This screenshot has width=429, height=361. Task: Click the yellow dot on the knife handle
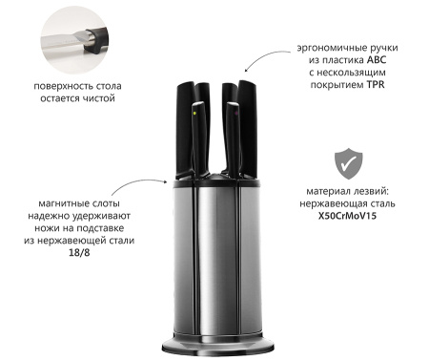[194, 113]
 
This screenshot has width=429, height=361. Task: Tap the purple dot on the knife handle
[235, 113]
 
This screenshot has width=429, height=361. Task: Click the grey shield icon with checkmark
[348, 163]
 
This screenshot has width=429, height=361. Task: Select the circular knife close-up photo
[75, 39]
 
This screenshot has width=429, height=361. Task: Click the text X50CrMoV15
[347, 216]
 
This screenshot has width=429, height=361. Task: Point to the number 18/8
[79, 252]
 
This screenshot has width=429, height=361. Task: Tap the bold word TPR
[376, 85]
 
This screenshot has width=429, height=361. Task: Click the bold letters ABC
[377, 60]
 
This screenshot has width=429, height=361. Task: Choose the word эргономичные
[333, 48]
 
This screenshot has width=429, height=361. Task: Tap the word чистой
[98, 98]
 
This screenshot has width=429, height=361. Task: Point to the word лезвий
[372, 192]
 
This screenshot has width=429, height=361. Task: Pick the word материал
[329, 192]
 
